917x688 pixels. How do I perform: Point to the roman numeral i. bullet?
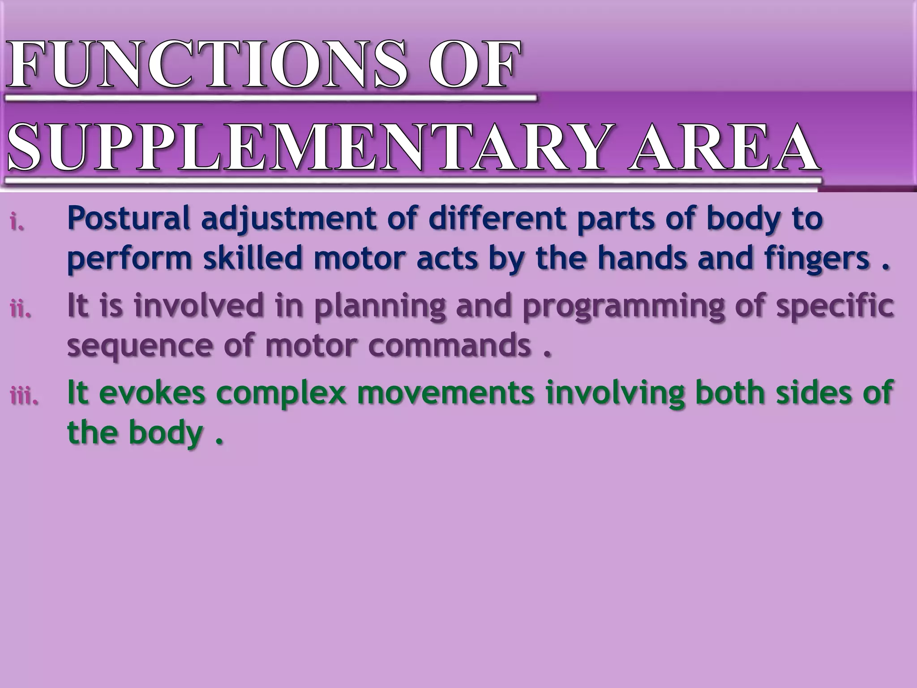pos(17,222)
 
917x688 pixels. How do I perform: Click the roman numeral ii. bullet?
pos(21,309)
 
